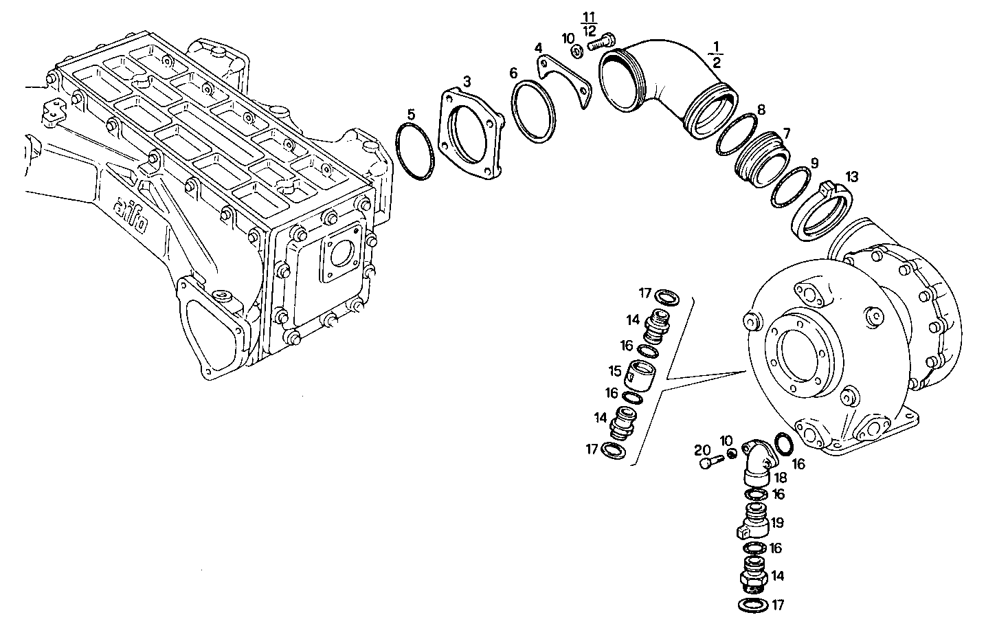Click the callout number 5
click(x=410, y=113)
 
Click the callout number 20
click(x=702, y=450)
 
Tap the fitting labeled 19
click(x=752, y=524)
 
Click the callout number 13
click(x=851, y=177)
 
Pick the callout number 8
click(x=761, y=110)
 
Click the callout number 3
click(x=467, y=82)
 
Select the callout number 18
click(x=781, y=478)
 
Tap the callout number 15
click(x=614, y=370)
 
